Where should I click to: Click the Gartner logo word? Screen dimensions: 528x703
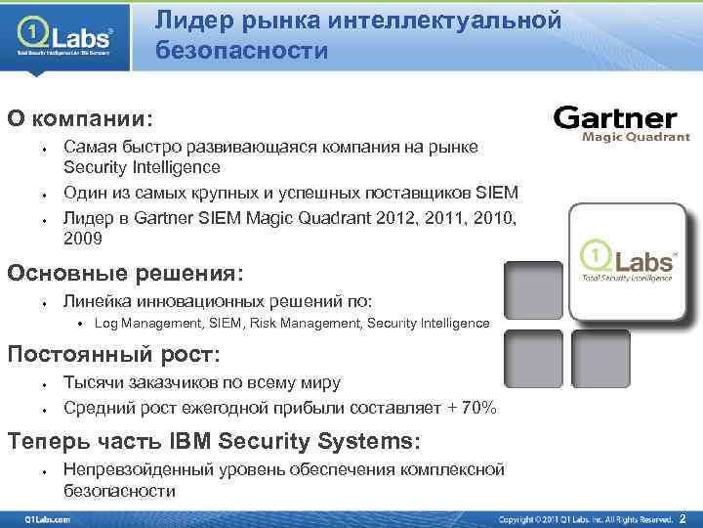(x=615, y=119)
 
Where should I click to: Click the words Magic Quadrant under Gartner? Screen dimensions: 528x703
(x=636, y=138)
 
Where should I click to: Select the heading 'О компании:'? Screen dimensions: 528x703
(x=81, y=118)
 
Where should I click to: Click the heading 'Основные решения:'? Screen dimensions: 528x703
(x=125, y=273)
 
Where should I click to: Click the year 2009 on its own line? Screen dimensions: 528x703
(x=84, y=238)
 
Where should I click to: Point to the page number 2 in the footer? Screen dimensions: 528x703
(x=682, y=517)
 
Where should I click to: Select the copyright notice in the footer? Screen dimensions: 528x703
(x=586, y=517)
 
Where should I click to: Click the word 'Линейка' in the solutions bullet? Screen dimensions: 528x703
(x=97, y=302)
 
